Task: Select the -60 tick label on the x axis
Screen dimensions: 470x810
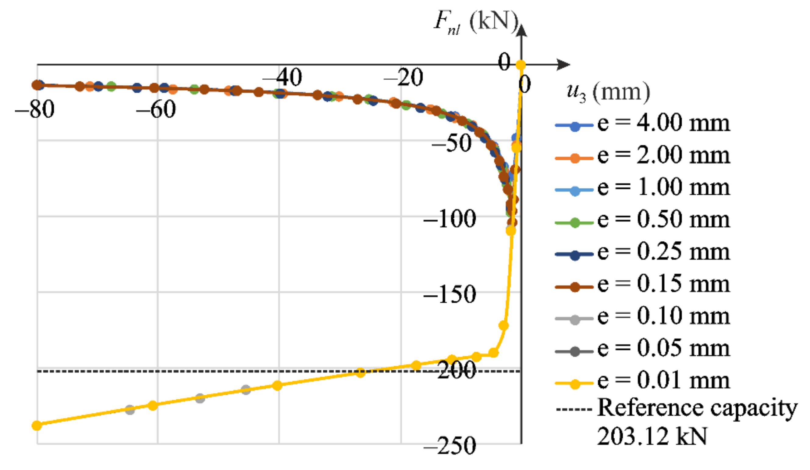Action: [x=156, y=110]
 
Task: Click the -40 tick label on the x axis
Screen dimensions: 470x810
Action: [x=282, y=78]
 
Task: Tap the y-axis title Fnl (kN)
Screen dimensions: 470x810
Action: [x=476, y=22]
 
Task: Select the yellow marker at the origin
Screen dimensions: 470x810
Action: [x=520, y=65]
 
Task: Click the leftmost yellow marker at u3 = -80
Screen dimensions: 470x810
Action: [x=37, y=425]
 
